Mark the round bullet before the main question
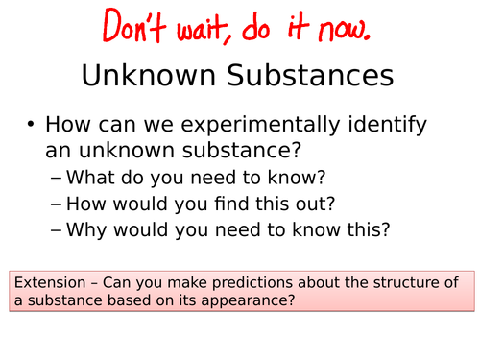31,126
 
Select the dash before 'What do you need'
57,178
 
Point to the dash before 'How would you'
57,204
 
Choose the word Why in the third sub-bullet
90,230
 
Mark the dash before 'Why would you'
57,230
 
